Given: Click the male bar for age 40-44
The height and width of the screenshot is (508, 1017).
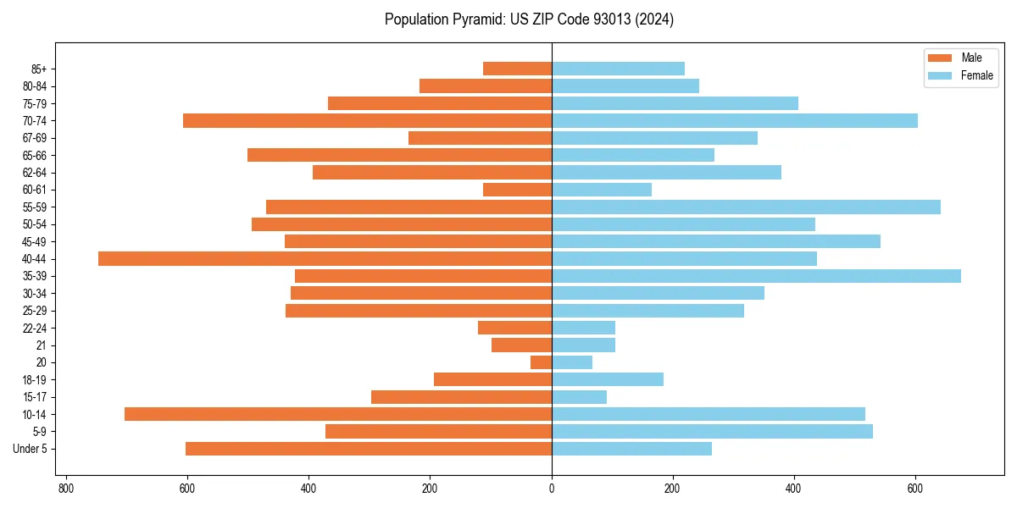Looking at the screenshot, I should (325, 259).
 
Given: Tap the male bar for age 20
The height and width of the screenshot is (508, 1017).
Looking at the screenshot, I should (541, 362).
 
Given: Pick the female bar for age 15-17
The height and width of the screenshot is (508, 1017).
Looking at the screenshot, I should (579, 397).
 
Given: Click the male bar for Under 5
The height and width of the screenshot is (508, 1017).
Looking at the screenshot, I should (369, 449).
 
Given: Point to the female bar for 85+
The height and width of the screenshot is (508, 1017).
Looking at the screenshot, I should (618, 69).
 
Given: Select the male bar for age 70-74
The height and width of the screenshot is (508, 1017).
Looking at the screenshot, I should (367, 121).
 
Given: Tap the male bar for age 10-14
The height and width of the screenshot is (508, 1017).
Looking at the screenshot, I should (338, 414).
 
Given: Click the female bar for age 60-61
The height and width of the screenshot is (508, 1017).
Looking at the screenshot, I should (602, 190).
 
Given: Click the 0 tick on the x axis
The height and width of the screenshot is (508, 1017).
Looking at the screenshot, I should (552, 489).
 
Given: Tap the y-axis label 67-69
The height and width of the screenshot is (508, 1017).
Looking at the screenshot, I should (35, 138).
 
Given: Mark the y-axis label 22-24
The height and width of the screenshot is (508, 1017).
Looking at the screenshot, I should (35, 329).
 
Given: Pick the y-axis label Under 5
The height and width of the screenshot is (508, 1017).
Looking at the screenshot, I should (31, 449).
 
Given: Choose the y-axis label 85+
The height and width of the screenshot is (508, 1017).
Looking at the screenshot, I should (38, 69).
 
